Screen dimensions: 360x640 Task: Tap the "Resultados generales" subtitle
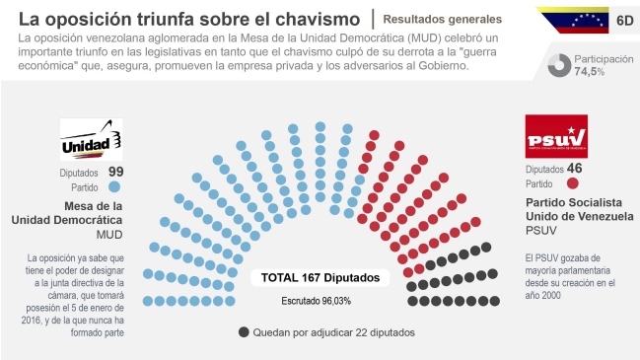tap(442, 19)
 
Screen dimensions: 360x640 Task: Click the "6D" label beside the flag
tap(623, 19)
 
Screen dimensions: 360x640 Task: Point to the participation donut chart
tap(560, 64)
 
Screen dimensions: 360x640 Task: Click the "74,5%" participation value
tap(590, 72)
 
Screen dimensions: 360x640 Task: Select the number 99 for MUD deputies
tap(115, 171)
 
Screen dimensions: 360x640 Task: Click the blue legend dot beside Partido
tap(115, 185)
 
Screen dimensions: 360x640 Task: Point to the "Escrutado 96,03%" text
tap(317, 300)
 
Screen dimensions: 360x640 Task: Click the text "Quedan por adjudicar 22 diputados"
tap(333, 332)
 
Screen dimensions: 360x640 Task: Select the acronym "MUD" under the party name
tap(108, 236)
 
